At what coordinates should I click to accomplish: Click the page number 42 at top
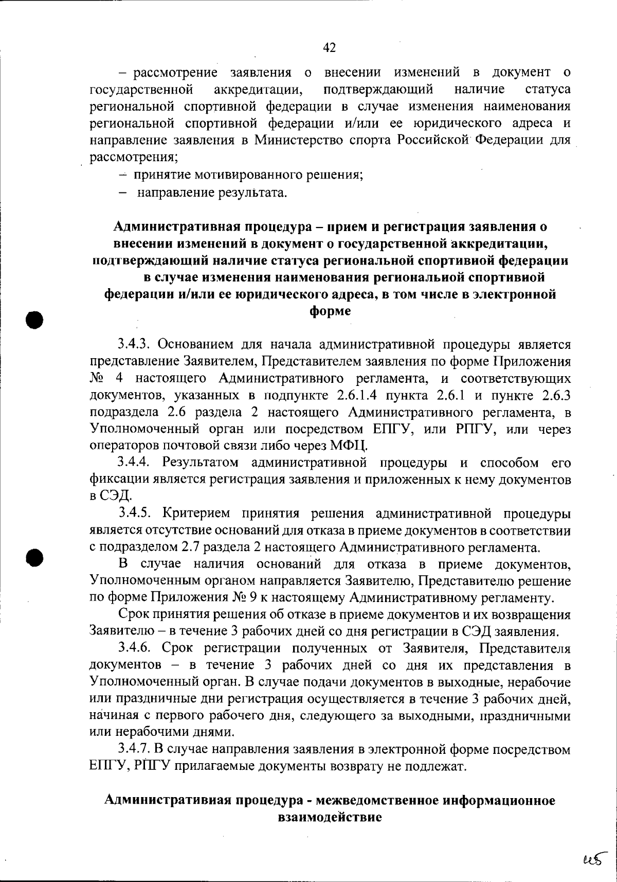tap(329, 48)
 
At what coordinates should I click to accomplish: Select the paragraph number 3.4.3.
tap(134, 344)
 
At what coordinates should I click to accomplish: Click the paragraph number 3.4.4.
tap(134, 463)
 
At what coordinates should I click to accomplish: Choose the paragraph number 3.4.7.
tap(135, 749)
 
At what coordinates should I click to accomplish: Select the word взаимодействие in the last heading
tap(330, 817)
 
